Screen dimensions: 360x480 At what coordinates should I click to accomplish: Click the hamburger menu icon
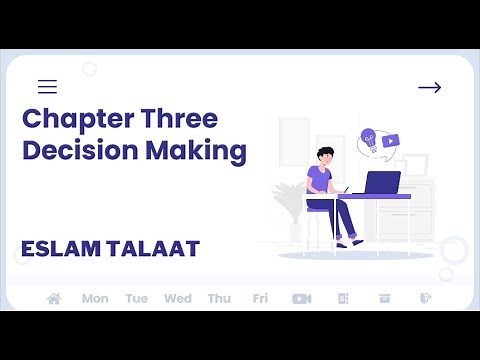47,87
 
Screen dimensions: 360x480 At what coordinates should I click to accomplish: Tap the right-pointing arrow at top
429,88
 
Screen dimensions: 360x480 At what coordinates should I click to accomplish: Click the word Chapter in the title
71,119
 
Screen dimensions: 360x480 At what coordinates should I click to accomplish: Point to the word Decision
72,152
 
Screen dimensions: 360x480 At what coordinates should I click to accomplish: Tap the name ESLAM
58,247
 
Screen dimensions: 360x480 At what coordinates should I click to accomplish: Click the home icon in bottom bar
54,298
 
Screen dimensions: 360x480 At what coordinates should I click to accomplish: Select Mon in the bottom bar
95,298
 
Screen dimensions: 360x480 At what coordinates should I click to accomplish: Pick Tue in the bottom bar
136,298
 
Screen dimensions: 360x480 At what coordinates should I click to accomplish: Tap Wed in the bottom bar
178,298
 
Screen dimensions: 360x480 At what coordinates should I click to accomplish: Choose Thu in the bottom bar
219,298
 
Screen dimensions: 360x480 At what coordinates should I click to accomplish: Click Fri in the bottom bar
260,298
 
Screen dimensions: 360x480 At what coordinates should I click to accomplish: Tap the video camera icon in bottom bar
301,298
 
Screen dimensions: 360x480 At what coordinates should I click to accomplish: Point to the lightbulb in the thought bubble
368,138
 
